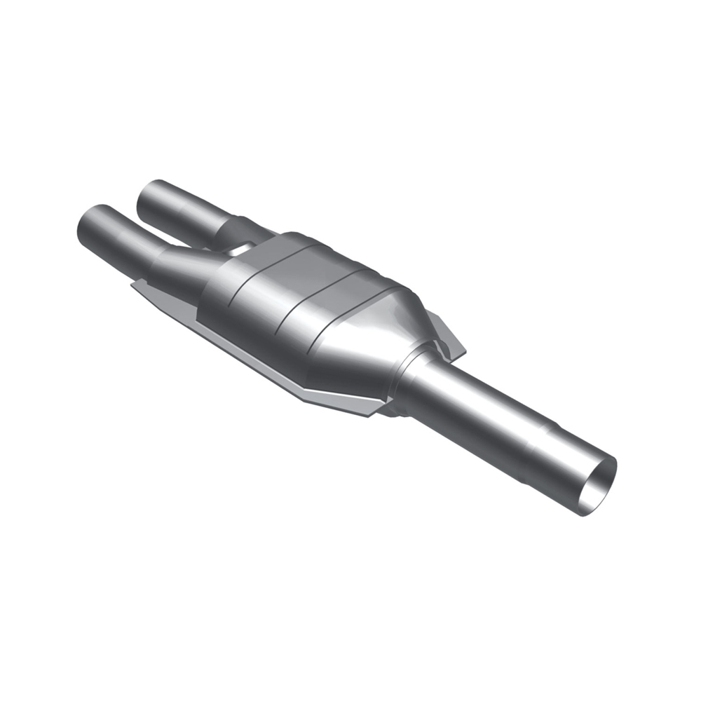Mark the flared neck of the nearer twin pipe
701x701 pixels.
[x=175, y=266]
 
